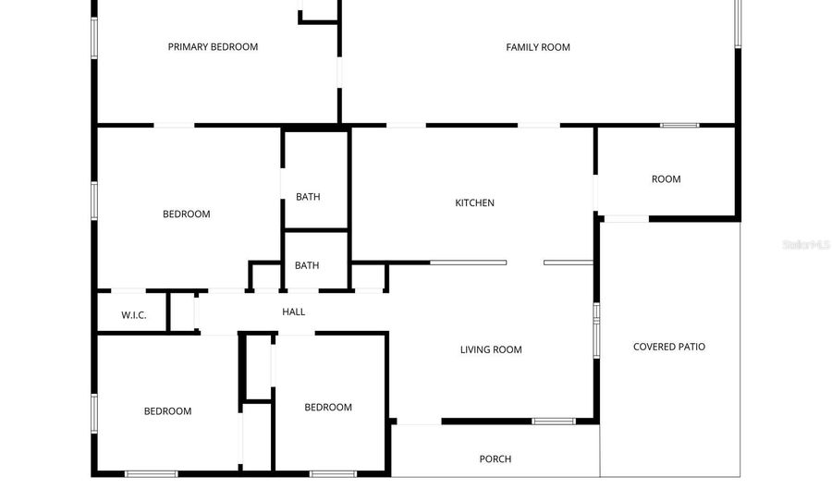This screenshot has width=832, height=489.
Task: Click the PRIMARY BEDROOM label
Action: click(x=213, y=46)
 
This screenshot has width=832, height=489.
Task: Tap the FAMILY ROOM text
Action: click(x=538, y=47)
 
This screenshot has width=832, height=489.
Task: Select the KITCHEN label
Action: click(x=474, y=202)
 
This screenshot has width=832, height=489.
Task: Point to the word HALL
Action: click(x=293, y=312)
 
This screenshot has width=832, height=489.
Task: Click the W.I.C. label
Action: click(x=134, y=315)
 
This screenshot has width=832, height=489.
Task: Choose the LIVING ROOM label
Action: click(x=491, y=349)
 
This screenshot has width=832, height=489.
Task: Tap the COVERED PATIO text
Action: click(x=669, y=347)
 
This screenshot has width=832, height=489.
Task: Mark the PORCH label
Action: click(x=496, y=458)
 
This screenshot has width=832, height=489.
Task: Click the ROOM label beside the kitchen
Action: click(x=666, y=179)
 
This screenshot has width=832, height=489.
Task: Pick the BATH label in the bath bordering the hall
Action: click(x=307, y=265)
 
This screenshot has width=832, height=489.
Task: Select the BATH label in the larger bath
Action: click(x=308, y=197)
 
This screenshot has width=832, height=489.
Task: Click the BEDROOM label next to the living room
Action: click(x=328, y=408)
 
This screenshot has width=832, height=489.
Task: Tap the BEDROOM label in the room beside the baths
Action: click(x=186, y=214)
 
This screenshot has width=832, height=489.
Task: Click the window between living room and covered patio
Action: click(x=596, y=330)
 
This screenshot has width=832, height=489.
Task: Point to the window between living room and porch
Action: click(x=554, y=422)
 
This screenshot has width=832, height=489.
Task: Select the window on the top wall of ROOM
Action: click(x=679, y=125)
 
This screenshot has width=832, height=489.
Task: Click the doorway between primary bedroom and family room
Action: click(x=339, y=73)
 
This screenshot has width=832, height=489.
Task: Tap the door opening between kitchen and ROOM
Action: click(x=595, y=193)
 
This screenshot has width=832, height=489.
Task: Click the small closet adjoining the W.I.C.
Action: click(x=182, y=312)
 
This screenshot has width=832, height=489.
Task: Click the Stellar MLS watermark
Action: click(x=806, y=244)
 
